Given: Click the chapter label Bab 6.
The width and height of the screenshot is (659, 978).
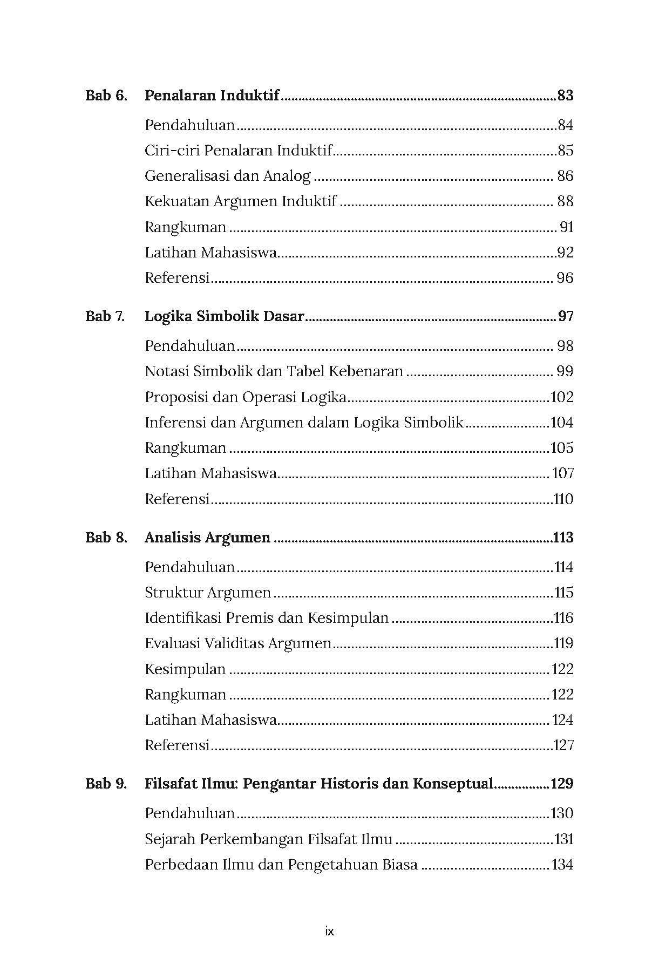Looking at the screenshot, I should click(106, 96).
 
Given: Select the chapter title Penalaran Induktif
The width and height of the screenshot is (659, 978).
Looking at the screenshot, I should click(212, 96).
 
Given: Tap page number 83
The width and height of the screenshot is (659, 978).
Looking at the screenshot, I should click(565, 96).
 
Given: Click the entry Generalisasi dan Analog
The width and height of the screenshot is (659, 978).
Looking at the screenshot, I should click(228, 176).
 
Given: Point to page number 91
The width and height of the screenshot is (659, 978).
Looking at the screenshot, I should click(566, 227).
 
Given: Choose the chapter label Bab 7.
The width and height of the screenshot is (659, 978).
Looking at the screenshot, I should click(105, 316).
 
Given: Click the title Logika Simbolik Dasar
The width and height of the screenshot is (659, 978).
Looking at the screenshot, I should click(225, 316).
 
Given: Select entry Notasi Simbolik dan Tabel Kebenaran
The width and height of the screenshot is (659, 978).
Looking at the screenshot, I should click(274, 371).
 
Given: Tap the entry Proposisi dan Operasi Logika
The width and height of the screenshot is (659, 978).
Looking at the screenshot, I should click(246, 397).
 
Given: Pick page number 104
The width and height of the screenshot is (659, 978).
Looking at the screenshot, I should click(561, 423).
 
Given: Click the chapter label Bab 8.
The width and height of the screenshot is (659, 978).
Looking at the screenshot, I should click(106, 538).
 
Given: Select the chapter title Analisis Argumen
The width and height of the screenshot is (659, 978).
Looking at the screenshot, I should click(208, 538).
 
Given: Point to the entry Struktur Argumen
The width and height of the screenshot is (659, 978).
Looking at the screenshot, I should click(208, 593).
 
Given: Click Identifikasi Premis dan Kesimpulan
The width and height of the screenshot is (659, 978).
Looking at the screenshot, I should click(267, 618).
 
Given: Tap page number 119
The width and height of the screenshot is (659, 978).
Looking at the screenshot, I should click(563, 643).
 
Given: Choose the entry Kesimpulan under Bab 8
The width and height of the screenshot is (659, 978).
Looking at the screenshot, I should click(185, 669).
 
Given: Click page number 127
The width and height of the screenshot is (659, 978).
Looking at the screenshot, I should click(563, 745).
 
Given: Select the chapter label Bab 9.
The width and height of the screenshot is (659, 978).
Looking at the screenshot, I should click(106, 784).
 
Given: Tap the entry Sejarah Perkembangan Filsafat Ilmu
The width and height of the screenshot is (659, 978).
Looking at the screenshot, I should click(269, 839).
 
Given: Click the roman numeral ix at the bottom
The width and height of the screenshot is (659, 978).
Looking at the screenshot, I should click(330, 932).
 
